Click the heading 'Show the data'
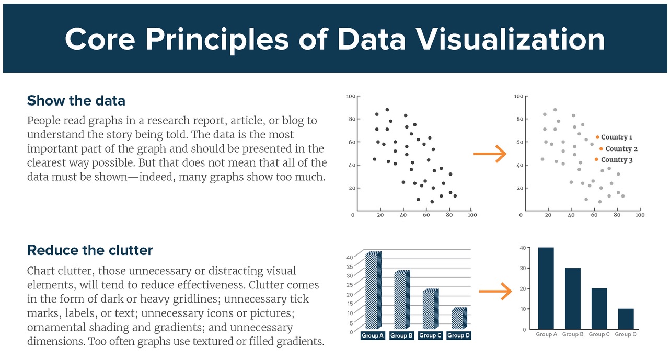[76, 100]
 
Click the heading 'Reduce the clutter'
[90, 250]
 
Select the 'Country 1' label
[617, 137]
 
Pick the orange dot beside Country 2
[601, 149]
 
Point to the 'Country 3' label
[617, 160]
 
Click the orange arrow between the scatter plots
[490, 154]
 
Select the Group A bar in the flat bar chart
[546, 288]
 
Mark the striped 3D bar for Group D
[458, 318]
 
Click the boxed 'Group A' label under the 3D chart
[373, 335]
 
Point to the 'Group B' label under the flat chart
[573, 334]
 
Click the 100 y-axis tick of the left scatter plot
[351, 97]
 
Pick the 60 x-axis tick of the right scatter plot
[595, 215]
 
